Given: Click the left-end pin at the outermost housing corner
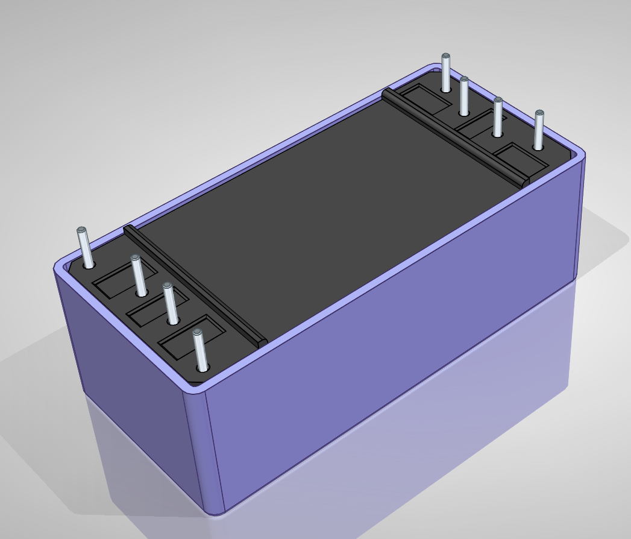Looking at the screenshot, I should click(x=85, y=248).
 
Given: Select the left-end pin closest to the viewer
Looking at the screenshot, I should click(x=201, y=350).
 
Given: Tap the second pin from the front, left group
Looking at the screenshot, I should click(x=171, y=304).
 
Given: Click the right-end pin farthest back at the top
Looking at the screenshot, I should click(x=445, y=73).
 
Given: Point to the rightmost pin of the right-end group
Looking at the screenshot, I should click(x=539, y=130).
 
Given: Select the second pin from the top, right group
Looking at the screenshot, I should click(x=464, y=96).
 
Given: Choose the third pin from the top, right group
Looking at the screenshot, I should click(x=498, y=117).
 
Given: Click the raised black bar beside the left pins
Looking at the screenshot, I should click(x=193, y=283).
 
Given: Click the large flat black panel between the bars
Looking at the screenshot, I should click(x=325, y=205).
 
